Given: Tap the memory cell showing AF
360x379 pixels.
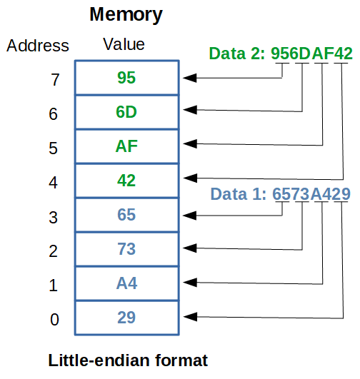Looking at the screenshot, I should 126,146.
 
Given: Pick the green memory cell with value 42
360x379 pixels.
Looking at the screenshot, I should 126,181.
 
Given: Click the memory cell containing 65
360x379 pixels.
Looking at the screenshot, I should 126,215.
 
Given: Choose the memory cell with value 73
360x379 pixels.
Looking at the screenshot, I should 126,249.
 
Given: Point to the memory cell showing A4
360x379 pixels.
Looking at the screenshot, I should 126,283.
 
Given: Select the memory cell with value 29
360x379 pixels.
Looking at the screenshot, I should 126,318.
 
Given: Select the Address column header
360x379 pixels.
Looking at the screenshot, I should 38,46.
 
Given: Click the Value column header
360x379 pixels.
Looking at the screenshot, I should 124,44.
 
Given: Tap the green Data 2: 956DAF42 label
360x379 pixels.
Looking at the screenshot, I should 280,54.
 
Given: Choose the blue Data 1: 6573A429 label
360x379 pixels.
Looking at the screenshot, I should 280,194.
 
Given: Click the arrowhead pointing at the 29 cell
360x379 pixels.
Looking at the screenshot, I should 189,318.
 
